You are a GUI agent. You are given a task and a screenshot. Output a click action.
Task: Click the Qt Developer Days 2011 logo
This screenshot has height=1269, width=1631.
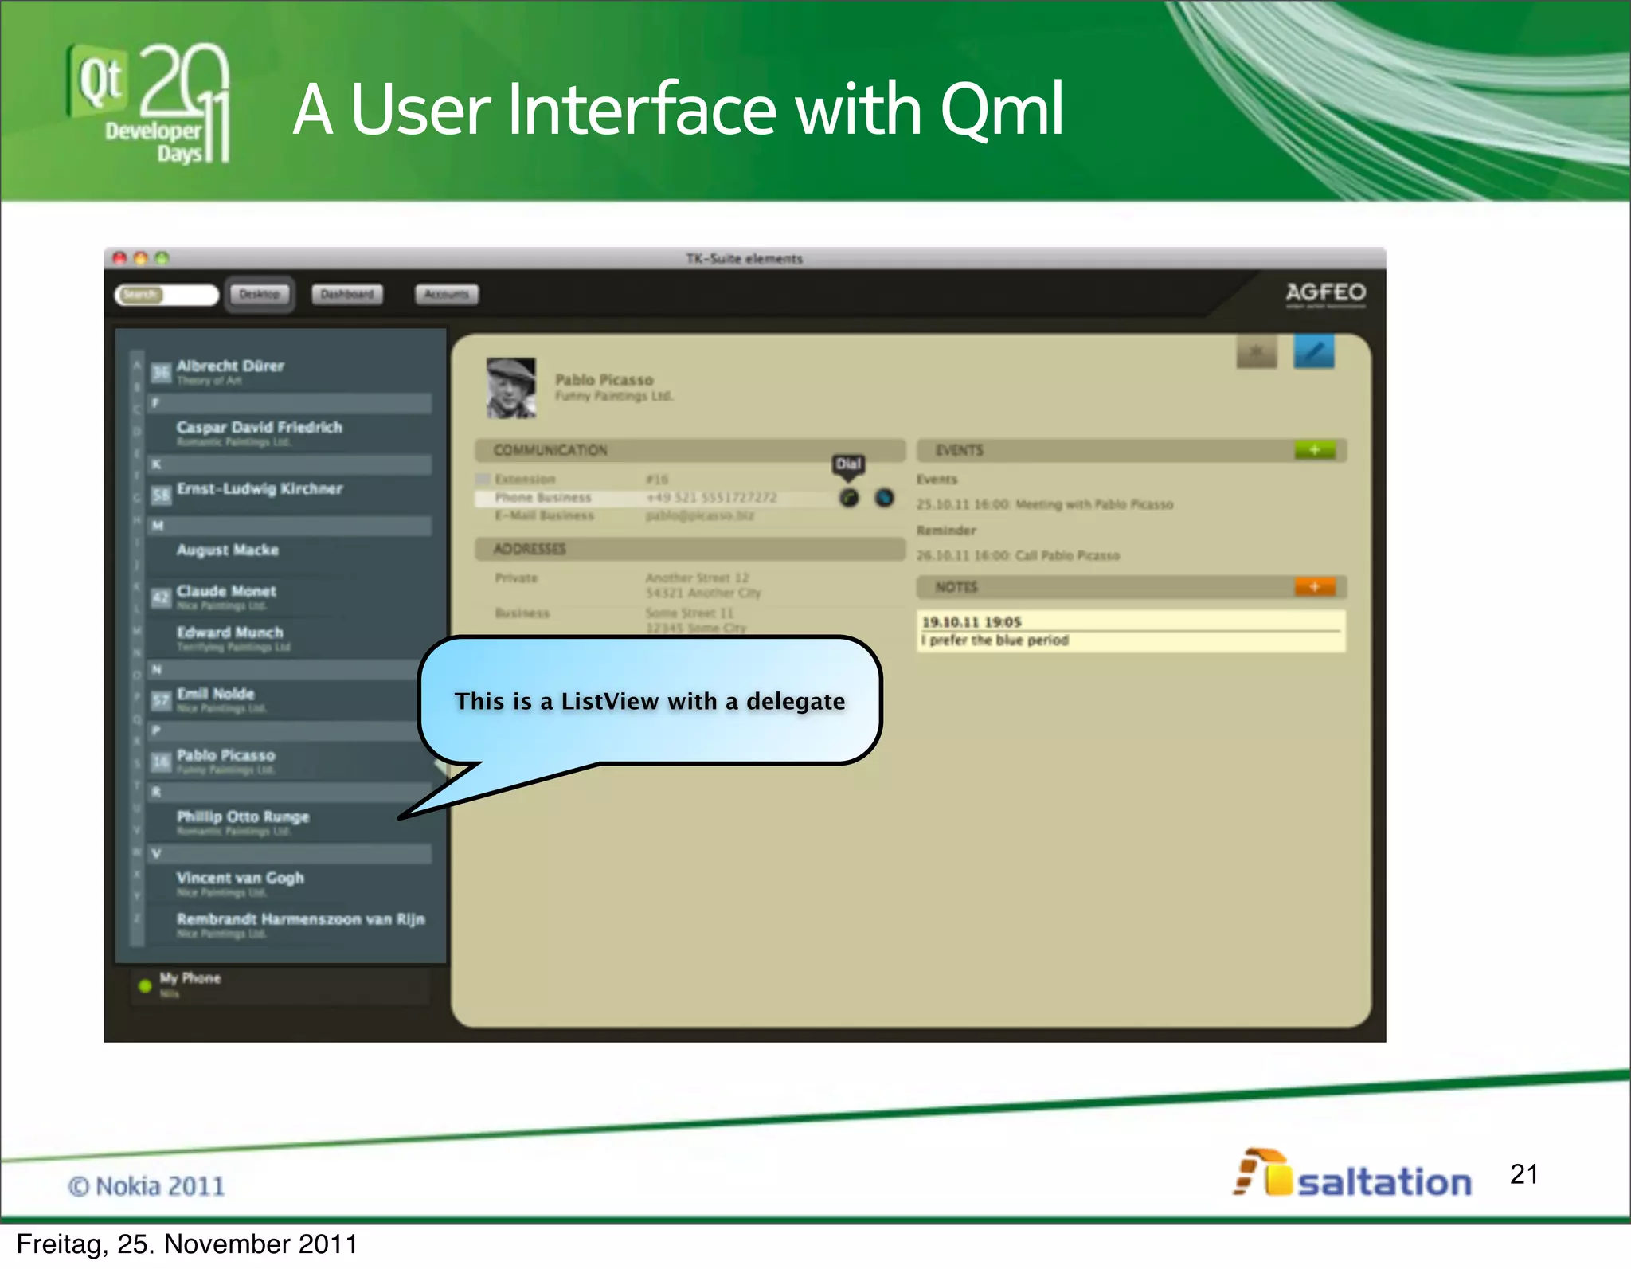[x=149, y=104]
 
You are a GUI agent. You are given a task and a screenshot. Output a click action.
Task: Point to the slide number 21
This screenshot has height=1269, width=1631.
[x=1523, y=1173]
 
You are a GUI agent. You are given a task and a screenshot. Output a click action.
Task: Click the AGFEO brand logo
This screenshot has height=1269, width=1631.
[x=1325, y=293]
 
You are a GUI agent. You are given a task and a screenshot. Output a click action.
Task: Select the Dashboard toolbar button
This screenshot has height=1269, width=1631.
[x=346, y=295]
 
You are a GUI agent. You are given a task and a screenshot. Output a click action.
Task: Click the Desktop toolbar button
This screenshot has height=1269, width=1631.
[x=260, y=295]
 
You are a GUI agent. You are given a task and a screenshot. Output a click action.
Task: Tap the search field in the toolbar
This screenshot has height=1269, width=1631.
[x=167, y=295]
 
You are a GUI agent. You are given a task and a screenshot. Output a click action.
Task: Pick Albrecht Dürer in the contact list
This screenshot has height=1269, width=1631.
[x=230, y=367]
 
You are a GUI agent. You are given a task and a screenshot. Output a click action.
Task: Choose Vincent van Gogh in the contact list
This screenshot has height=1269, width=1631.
[x=241, y=879]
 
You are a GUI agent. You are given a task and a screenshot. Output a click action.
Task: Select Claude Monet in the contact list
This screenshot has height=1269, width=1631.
[x=226, y=592]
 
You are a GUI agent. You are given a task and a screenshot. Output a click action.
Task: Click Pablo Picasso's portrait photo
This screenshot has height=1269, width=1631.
[x=510, y=388]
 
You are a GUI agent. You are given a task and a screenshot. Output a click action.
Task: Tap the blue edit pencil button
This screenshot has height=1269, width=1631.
[x=1313, y=351]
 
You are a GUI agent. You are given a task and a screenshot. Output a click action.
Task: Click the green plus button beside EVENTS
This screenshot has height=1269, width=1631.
[x=1314, y=450]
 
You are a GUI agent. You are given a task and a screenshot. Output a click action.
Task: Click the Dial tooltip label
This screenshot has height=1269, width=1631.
[x=848, y=464]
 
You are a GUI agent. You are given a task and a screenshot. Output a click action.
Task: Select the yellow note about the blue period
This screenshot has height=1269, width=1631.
[x=1131, y=631]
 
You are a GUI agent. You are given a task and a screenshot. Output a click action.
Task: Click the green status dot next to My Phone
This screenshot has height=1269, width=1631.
[x=145, y=985]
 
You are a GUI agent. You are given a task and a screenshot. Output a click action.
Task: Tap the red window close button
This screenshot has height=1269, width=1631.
[x=119, y=258]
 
